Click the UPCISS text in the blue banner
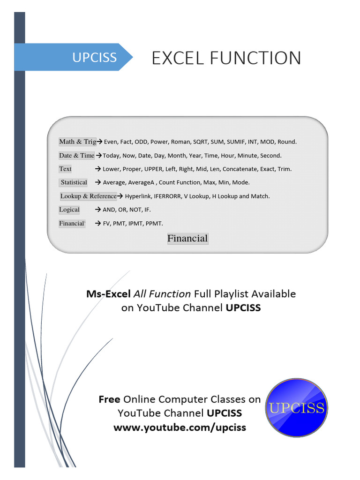94,58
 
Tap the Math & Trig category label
77,142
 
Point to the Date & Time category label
76,155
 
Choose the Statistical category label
74,182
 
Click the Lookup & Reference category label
88,196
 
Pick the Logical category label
69,210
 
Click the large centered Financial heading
187,239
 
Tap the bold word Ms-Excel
108,294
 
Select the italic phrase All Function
162,294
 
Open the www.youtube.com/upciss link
180,427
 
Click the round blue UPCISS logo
296,407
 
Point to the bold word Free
109,399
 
